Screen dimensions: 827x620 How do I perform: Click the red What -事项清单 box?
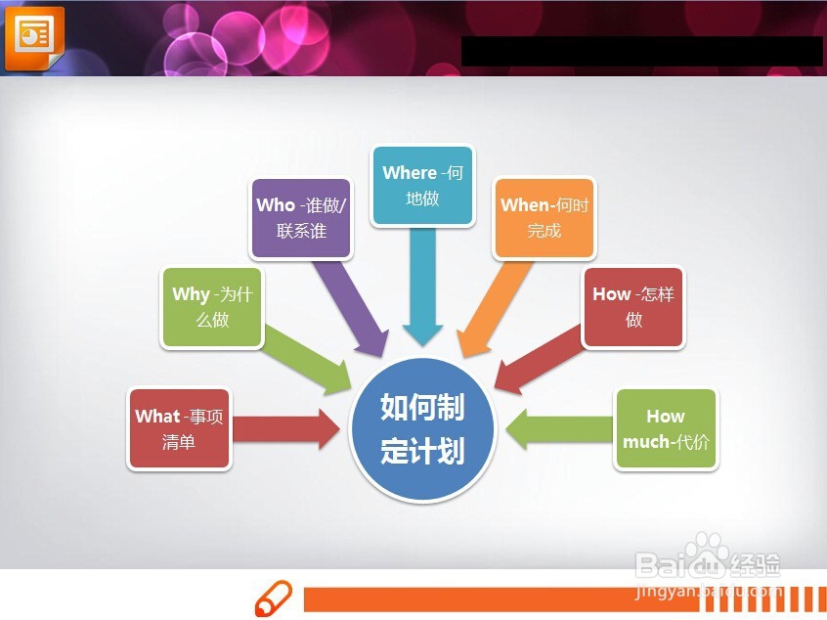point(179,429)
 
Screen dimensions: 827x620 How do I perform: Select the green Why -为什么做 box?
point(212,308)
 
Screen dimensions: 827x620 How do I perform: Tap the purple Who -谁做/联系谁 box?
point(301,218)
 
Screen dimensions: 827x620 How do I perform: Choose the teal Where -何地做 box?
point(422,186)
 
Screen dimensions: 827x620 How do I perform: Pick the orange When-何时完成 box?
point(544,218)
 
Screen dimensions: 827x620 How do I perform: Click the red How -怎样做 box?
point(633,307)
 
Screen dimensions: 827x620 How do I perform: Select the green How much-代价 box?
point(666,429)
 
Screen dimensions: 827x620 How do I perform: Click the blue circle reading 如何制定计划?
point(422,429)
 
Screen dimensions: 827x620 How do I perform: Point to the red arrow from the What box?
point(285,429)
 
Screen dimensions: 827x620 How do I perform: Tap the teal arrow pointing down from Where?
point(422,287)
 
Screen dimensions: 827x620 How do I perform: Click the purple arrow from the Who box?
point(351,308)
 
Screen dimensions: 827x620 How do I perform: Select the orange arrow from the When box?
point(495,308)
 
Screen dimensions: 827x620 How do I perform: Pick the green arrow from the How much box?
point(560,429)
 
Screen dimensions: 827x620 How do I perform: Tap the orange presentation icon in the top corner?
point(35,38)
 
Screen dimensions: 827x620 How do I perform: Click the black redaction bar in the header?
point(641,51)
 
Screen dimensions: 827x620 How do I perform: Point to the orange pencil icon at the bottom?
point(274,598)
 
